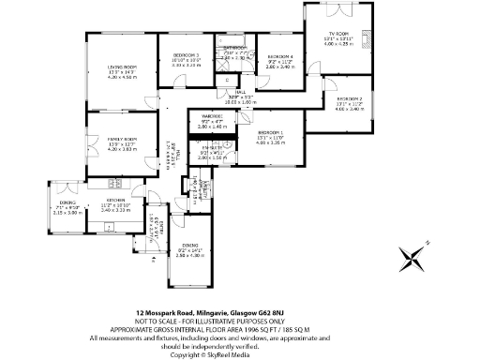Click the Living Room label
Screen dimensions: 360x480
coord(122,67)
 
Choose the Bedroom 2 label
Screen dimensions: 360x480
coord(349,98)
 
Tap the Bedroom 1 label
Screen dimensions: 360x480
coord(270,132)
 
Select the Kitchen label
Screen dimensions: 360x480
coord(115,201)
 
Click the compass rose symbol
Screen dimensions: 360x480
coord(412,257)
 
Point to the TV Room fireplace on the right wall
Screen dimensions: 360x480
coord(369,40)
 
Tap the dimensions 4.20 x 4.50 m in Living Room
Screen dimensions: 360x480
coord(122,77)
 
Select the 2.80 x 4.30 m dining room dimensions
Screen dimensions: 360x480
coord(191,254)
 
